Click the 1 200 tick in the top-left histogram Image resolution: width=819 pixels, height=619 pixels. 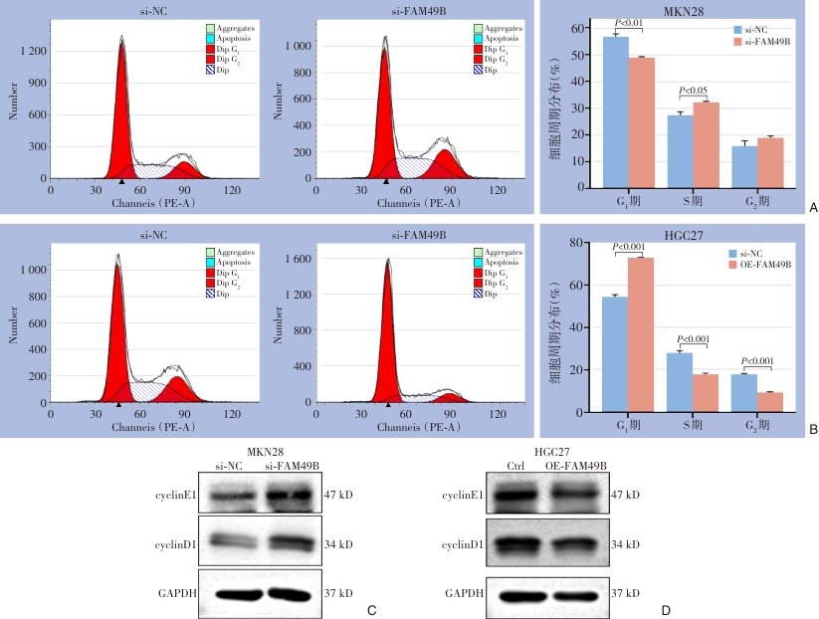click(35, 49)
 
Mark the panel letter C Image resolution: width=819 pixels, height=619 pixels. click(370, 609)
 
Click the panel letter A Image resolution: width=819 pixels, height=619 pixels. click(813, 209)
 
